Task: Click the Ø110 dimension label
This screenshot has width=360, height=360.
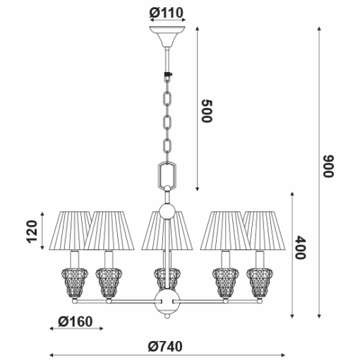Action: coord(166,13)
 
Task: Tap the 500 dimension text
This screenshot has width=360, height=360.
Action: coord(207,111)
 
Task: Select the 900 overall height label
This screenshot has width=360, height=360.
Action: coord(328,166)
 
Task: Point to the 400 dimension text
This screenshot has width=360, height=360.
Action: coord(301,248)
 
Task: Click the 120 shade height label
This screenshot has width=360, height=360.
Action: coord(32,232)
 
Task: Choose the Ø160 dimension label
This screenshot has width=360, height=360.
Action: coord(76,322)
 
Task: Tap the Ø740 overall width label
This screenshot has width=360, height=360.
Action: coord(165,347)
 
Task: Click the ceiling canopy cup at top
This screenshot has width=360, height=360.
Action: coord(167,37)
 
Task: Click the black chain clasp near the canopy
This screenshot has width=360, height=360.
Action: coord(167,76)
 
